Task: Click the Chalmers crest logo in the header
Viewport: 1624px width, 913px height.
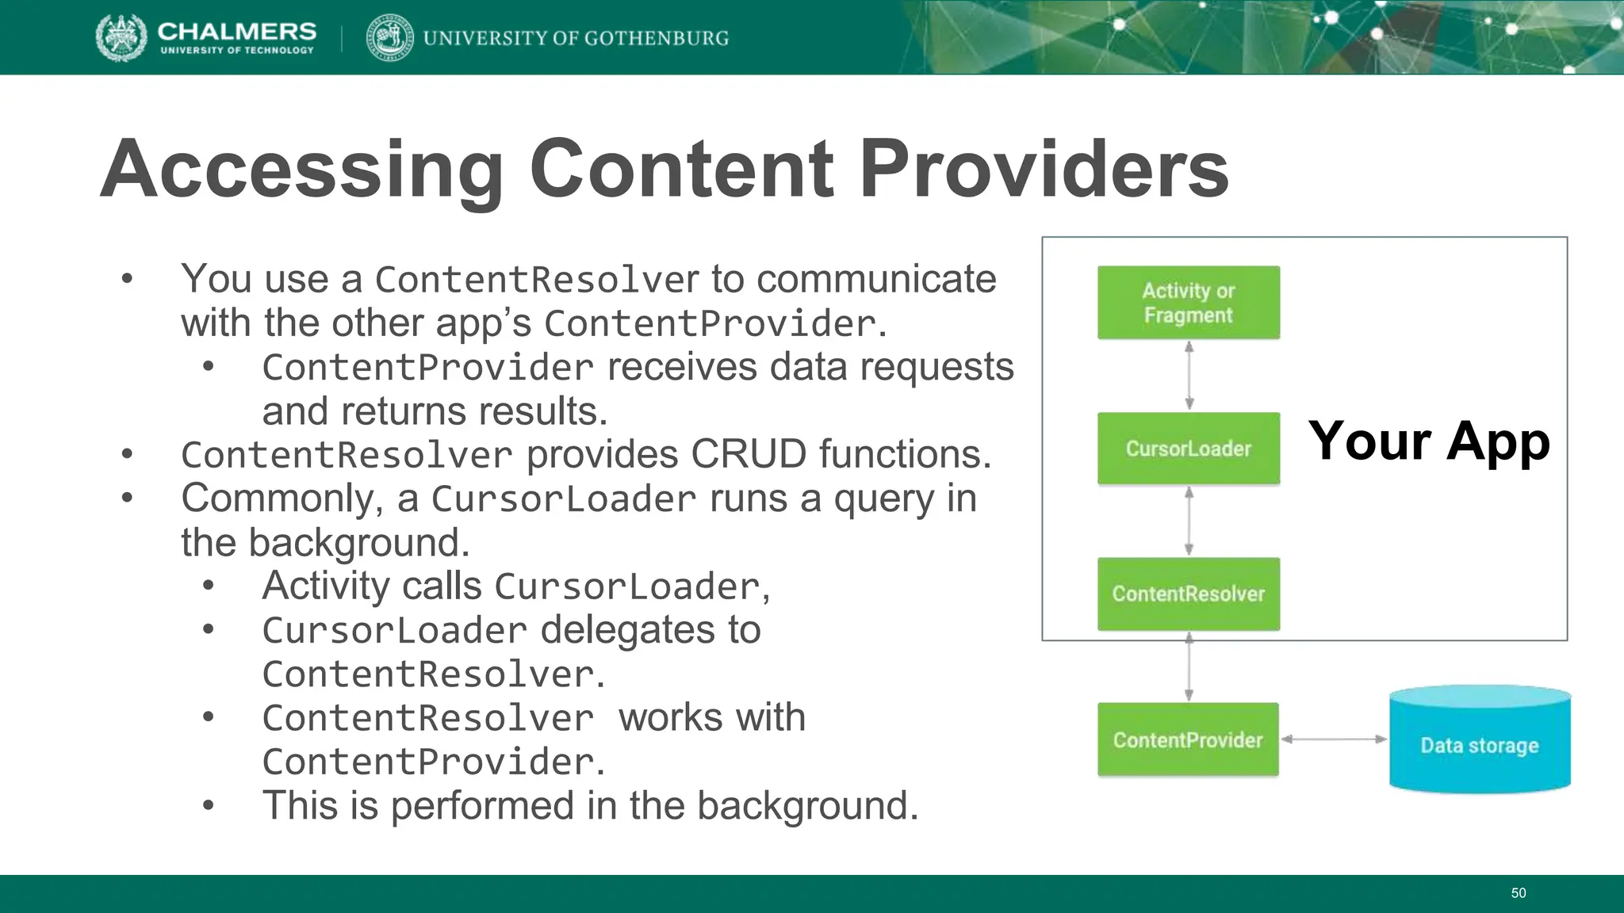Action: pyautogui.click(x=121, y=37)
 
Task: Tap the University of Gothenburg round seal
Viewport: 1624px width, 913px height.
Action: pyautogui.click(x=389, y=37)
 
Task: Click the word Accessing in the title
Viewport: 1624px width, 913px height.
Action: pyautogui.click(x=301, y=169)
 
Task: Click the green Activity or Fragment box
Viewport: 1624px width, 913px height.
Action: pyautogui.click(x=1188, y=303)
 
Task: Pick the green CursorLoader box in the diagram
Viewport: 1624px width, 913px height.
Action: pyautogui.click(x=1188, y=449)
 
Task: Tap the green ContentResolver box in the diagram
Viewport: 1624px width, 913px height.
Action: pyautogui.click(x=1188, y=594)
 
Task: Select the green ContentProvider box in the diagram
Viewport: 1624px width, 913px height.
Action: pyautogui.click(x=1188, y=739)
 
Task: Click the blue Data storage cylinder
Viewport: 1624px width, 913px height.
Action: pyautogui.click(x=1480, y=741)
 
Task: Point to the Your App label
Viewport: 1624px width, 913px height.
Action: pyautogui.click(x=1429, y=441)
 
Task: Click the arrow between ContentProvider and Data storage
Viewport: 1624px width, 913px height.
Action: pyautogui.click(x=1334, y=739)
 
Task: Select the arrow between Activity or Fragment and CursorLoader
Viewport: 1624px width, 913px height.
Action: pyautogui.click(x=1189, y=376)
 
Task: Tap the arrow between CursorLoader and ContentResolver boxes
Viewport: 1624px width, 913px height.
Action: pyautogui.click(x=1189, y=521)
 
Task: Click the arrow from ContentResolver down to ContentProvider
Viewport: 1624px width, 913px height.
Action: pyautogui.click(x=1189, y=667)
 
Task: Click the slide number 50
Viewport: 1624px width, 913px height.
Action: pyautogui.click(x=1518, y=893)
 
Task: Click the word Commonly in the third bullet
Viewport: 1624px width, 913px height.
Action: pyautogui.click(x=282, y=499)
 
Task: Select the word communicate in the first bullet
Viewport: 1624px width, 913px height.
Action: pyautogui.click(x=875, y=279)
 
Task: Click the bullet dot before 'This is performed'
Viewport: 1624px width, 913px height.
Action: pyautogui.click(x=208, y=806)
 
